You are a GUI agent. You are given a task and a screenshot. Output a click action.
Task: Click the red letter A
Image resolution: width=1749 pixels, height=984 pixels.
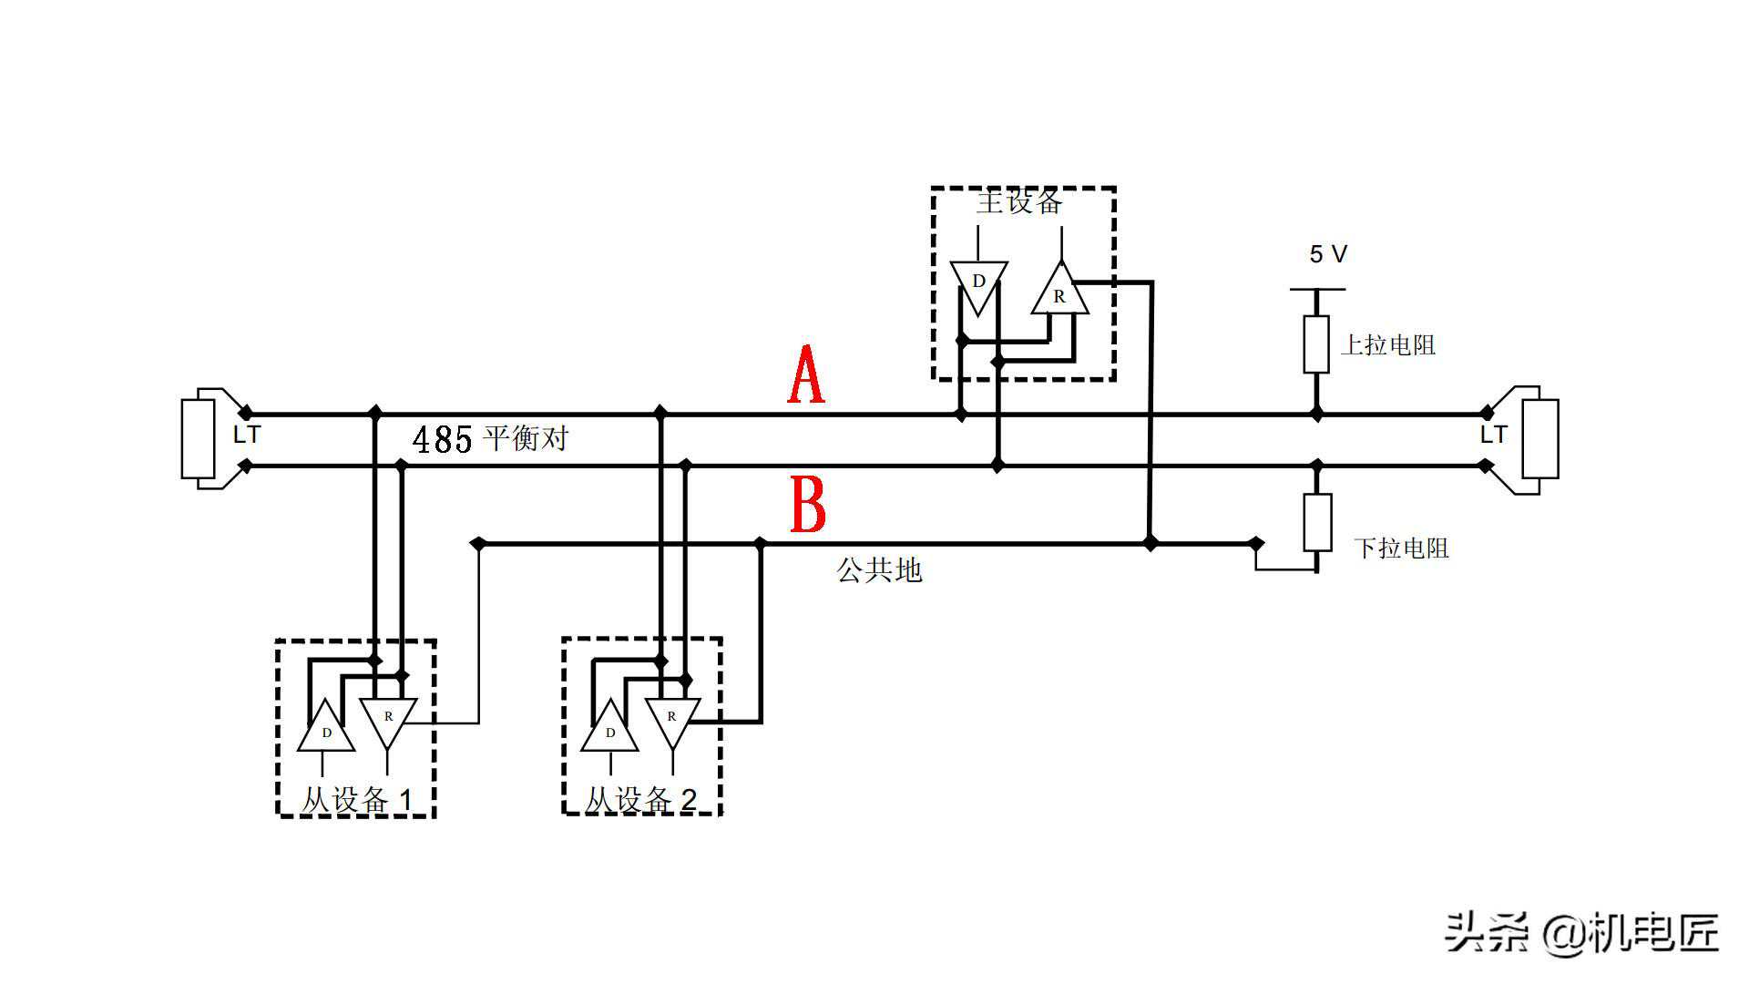coord(806,375)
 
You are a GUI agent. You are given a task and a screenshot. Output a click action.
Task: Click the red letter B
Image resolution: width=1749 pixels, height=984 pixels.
coord(807,504)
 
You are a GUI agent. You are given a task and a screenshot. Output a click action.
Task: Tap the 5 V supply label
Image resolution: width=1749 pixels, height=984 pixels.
coord(1327,254)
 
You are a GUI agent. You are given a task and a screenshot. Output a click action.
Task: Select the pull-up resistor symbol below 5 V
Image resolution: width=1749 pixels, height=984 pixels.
coord(1316,344)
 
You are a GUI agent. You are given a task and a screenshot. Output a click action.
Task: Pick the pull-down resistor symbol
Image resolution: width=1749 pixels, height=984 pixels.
coord(1317,522)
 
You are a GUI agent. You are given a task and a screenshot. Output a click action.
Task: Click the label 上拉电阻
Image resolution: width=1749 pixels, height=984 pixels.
coord(1387,345)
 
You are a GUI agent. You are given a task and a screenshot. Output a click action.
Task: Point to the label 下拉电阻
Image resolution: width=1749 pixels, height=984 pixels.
coord(1401,548)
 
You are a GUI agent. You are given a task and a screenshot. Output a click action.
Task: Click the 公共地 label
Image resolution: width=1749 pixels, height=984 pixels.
coord(879,570)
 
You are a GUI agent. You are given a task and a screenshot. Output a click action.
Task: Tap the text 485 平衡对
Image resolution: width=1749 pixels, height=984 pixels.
coord(490,439)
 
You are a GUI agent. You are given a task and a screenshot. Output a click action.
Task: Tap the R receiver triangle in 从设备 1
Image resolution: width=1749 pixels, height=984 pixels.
coord(389,720)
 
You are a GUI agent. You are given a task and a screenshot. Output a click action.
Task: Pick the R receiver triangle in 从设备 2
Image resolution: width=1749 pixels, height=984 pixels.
coord(672,720)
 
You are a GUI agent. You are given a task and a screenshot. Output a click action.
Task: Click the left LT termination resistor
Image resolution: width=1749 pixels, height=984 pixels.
coord(198,438)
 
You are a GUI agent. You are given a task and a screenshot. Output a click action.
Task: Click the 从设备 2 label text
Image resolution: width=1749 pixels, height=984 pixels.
coord(640,800)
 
